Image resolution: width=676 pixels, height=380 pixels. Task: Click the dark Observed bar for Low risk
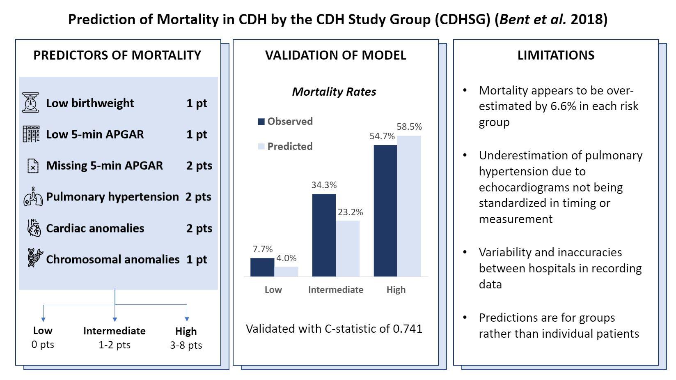(262, 267)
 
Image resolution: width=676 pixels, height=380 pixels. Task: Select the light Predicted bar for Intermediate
(348, 248)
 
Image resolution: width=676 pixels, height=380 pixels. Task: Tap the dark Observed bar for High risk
(385, 210)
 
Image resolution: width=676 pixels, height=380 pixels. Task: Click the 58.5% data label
(409, 127)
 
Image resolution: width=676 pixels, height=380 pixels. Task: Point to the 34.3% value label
(324, 185)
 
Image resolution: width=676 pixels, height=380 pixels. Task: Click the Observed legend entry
(286, 122)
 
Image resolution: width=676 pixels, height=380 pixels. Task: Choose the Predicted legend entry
(286, 147)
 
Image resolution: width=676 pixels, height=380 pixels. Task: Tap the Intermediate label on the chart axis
(336, 290)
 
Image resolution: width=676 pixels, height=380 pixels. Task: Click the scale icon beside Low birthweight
(31, 103)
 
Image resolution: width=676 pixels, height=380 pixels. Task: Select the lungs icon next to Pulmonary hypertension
(33, 197)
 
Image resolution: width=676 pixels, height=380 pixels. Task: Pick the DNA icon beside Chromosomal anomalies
(34, 258)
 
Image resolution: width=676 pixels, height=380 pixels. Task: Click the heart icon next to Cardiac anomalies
(34, 228)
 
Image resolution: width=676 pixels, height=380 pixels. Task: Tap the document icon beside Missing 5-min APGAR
(33, 166)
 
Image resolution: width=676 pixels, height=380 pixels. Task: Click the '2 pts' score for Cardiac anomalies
(199, 228)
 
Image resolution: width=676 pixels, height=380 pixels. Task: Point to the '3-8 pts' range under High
(186, 345)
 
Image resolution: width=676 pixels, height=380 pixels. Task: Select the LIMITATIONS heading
(556, 55)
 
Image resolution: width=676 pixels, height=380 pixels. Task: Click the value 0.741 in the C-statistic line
(407, 329)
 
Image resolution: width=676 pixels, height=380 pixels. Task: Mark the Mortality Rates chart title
(334, 92)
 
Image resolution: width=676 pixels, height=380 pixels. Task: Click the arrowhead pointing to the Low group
(43, 319)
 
